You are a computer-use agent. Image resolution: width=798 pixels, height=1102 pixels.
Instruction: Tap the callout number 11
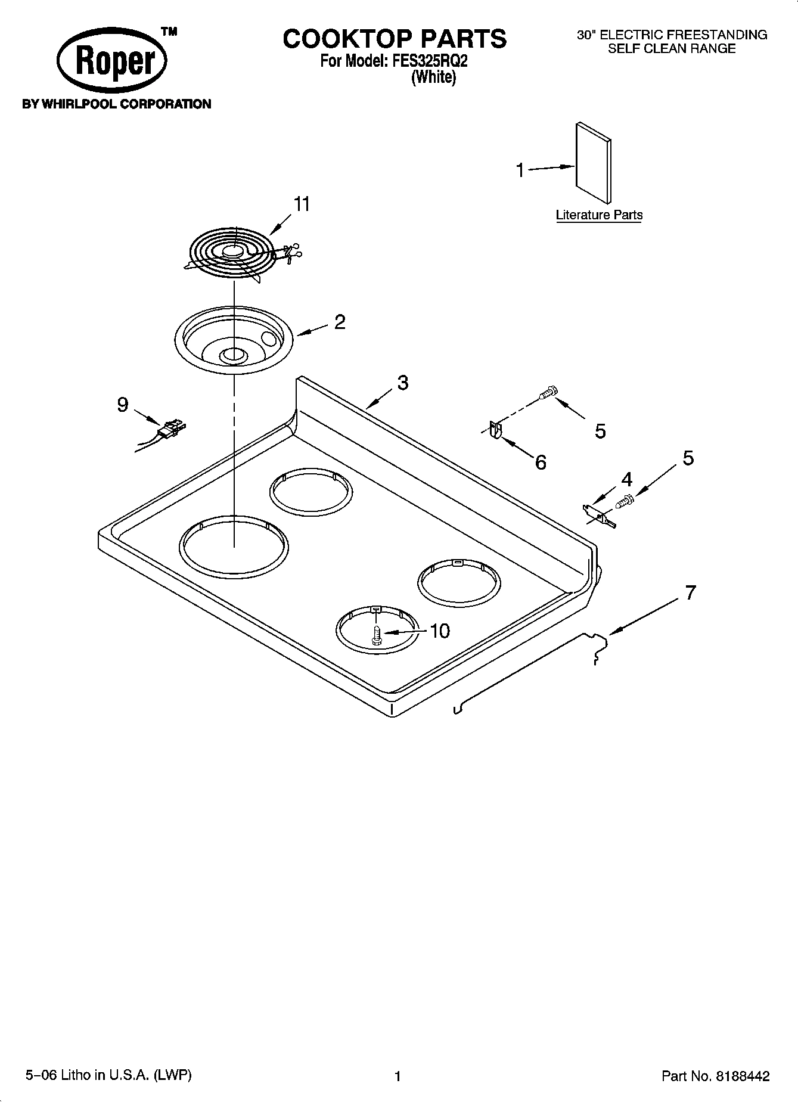pos(302,204)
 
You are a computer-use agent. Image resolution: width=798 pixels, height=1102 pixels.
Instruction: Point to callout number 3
pos(403,383)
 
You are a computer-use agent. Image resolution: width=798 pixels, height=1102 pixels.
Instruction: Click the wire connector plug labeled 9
pos(171,429)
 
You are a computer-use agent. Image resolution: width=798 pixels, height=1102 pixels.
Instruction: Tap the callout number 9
pos(122,405)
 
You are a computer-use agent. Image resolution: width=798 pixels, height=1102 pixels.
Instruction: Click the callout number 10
pos(439,631)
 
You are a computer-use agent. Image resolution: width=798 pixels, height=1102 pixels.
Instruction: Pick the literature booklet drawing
pos(593,162)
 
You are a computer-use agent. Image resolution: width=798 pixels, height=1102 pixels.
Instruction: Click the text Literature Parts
pos(599,215)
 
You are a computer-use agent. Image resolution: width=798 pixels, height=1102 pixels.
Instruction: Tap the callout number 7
pos(690,593)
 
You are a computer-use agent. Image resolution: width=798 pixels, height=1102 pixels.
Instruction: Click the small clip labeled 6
pos(495,430)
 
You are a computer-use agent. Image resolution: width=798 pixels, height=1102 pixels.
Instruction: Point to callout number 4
pos(626,479)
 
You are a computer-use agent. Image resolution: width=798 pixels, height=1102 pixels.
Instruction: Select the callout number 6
pos(541,462)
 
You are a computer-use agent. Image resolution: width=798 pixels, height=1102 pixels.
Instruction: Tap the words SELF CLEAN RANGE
pos(672,49)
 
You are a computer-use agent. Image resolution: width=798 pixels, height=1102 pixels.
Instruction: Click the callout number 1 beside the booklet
pos(520,170)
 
